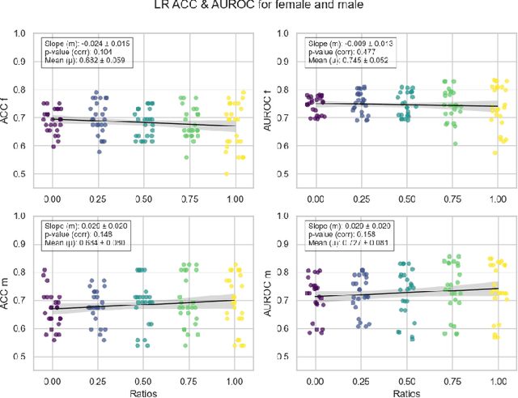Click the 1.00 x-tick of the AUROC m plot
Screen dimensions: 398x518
tap(496, 377)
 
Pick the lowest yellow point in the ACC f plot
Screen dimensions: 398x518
tap(226, 173)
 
